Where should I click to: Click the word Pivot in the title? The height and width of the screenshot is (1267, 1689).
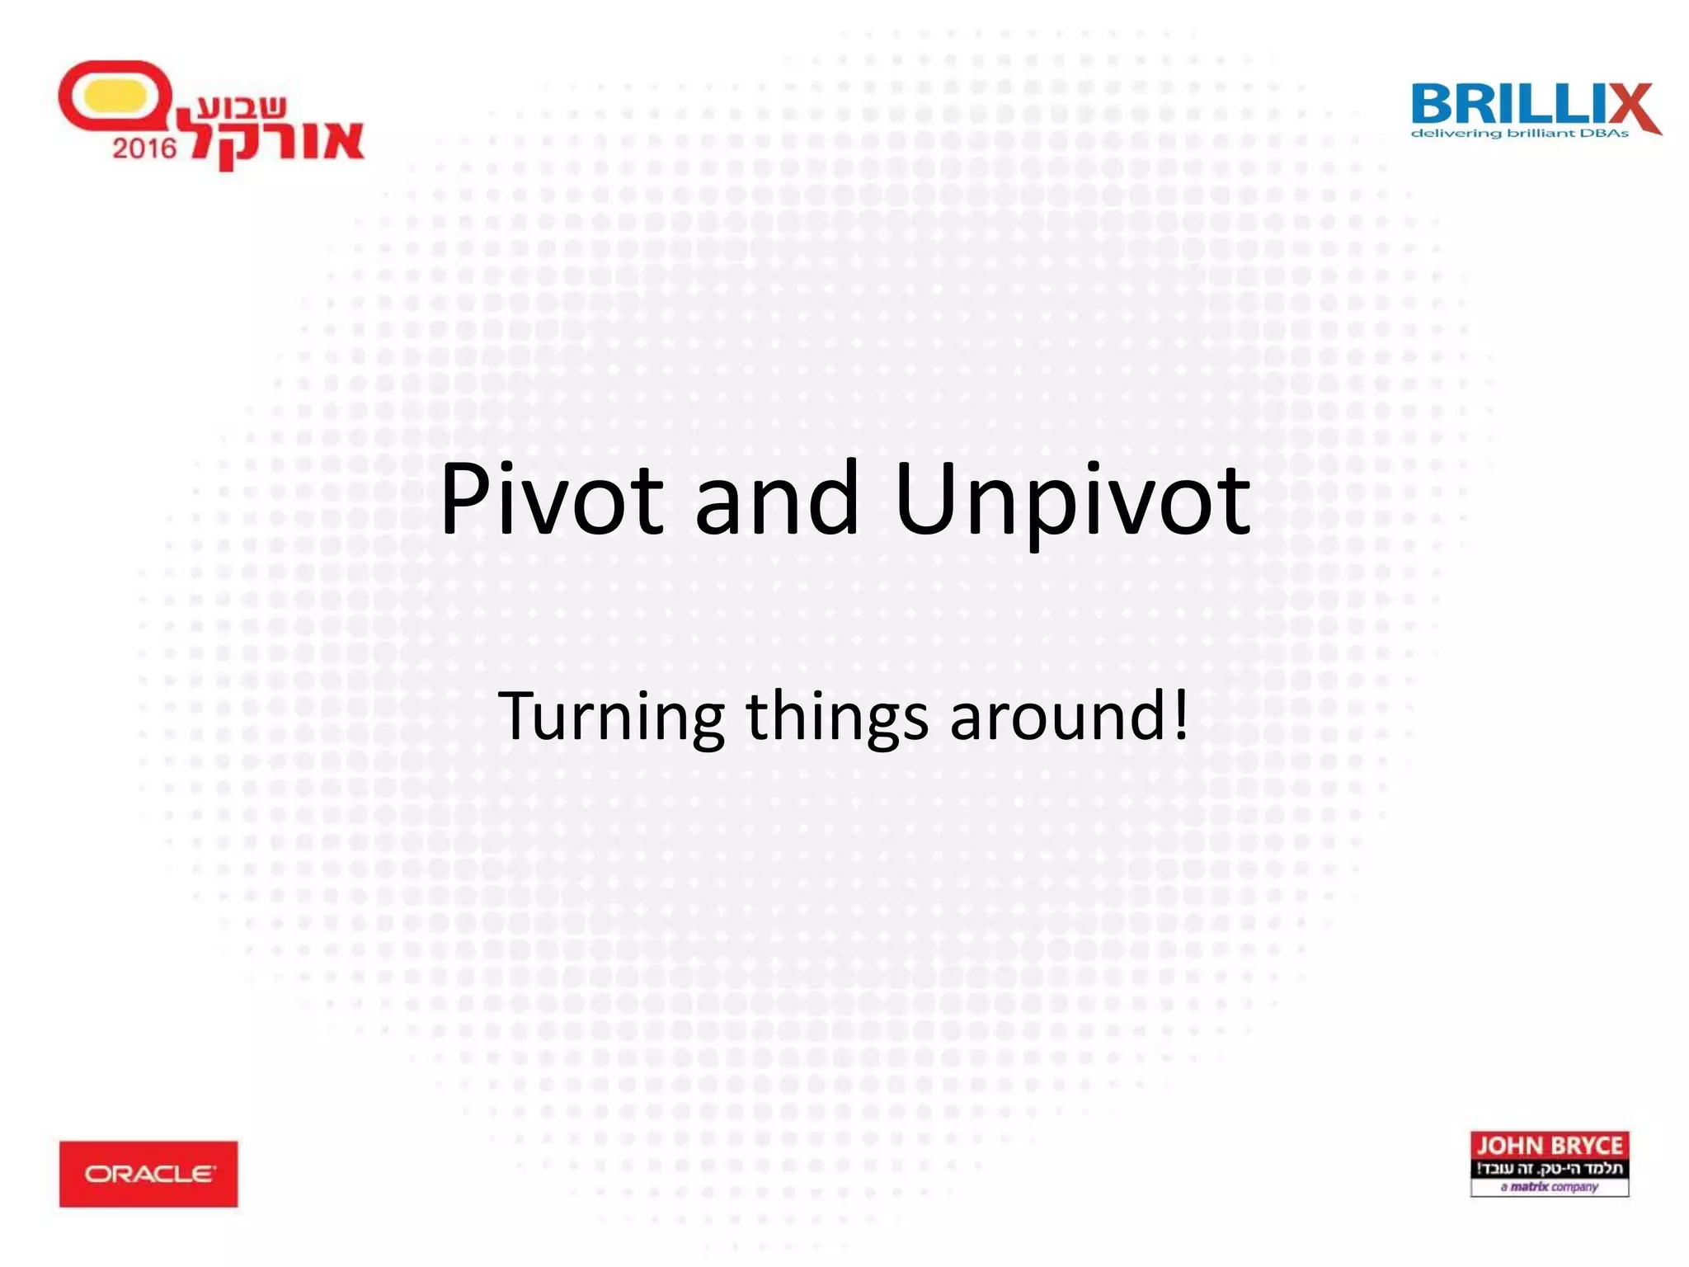[551, 499]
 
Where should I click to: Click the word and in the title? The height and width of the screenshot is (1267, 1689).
[777, 499]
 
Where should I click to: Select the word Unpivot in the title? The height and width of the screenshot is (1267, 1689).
[1072, 499]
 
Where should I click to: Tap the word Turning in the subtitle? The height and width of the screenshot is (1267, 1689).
[611, 716]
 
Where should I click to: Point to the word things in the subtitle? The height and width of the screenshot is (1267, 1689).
[836, 716]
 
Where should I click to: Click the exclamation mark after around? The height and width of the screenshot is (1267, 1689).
[1180, 714]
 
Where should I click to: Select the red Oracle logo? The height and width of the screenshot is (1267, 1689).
[148, 1174]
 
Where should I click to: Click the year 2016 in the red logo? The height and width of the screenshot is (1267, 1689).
[144, 148]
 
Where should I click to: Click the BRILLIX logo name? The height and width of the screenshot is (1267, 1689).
[1517, 105]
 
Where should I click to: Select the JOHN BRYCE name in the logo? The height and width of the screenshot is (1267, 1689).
[1550, 1146]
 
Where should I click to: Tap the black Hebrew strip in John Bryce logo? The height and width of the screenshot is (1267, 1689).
[1550, 1169]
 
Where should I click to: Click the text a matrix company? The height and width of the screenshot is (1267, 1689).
[1550, 1187]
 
